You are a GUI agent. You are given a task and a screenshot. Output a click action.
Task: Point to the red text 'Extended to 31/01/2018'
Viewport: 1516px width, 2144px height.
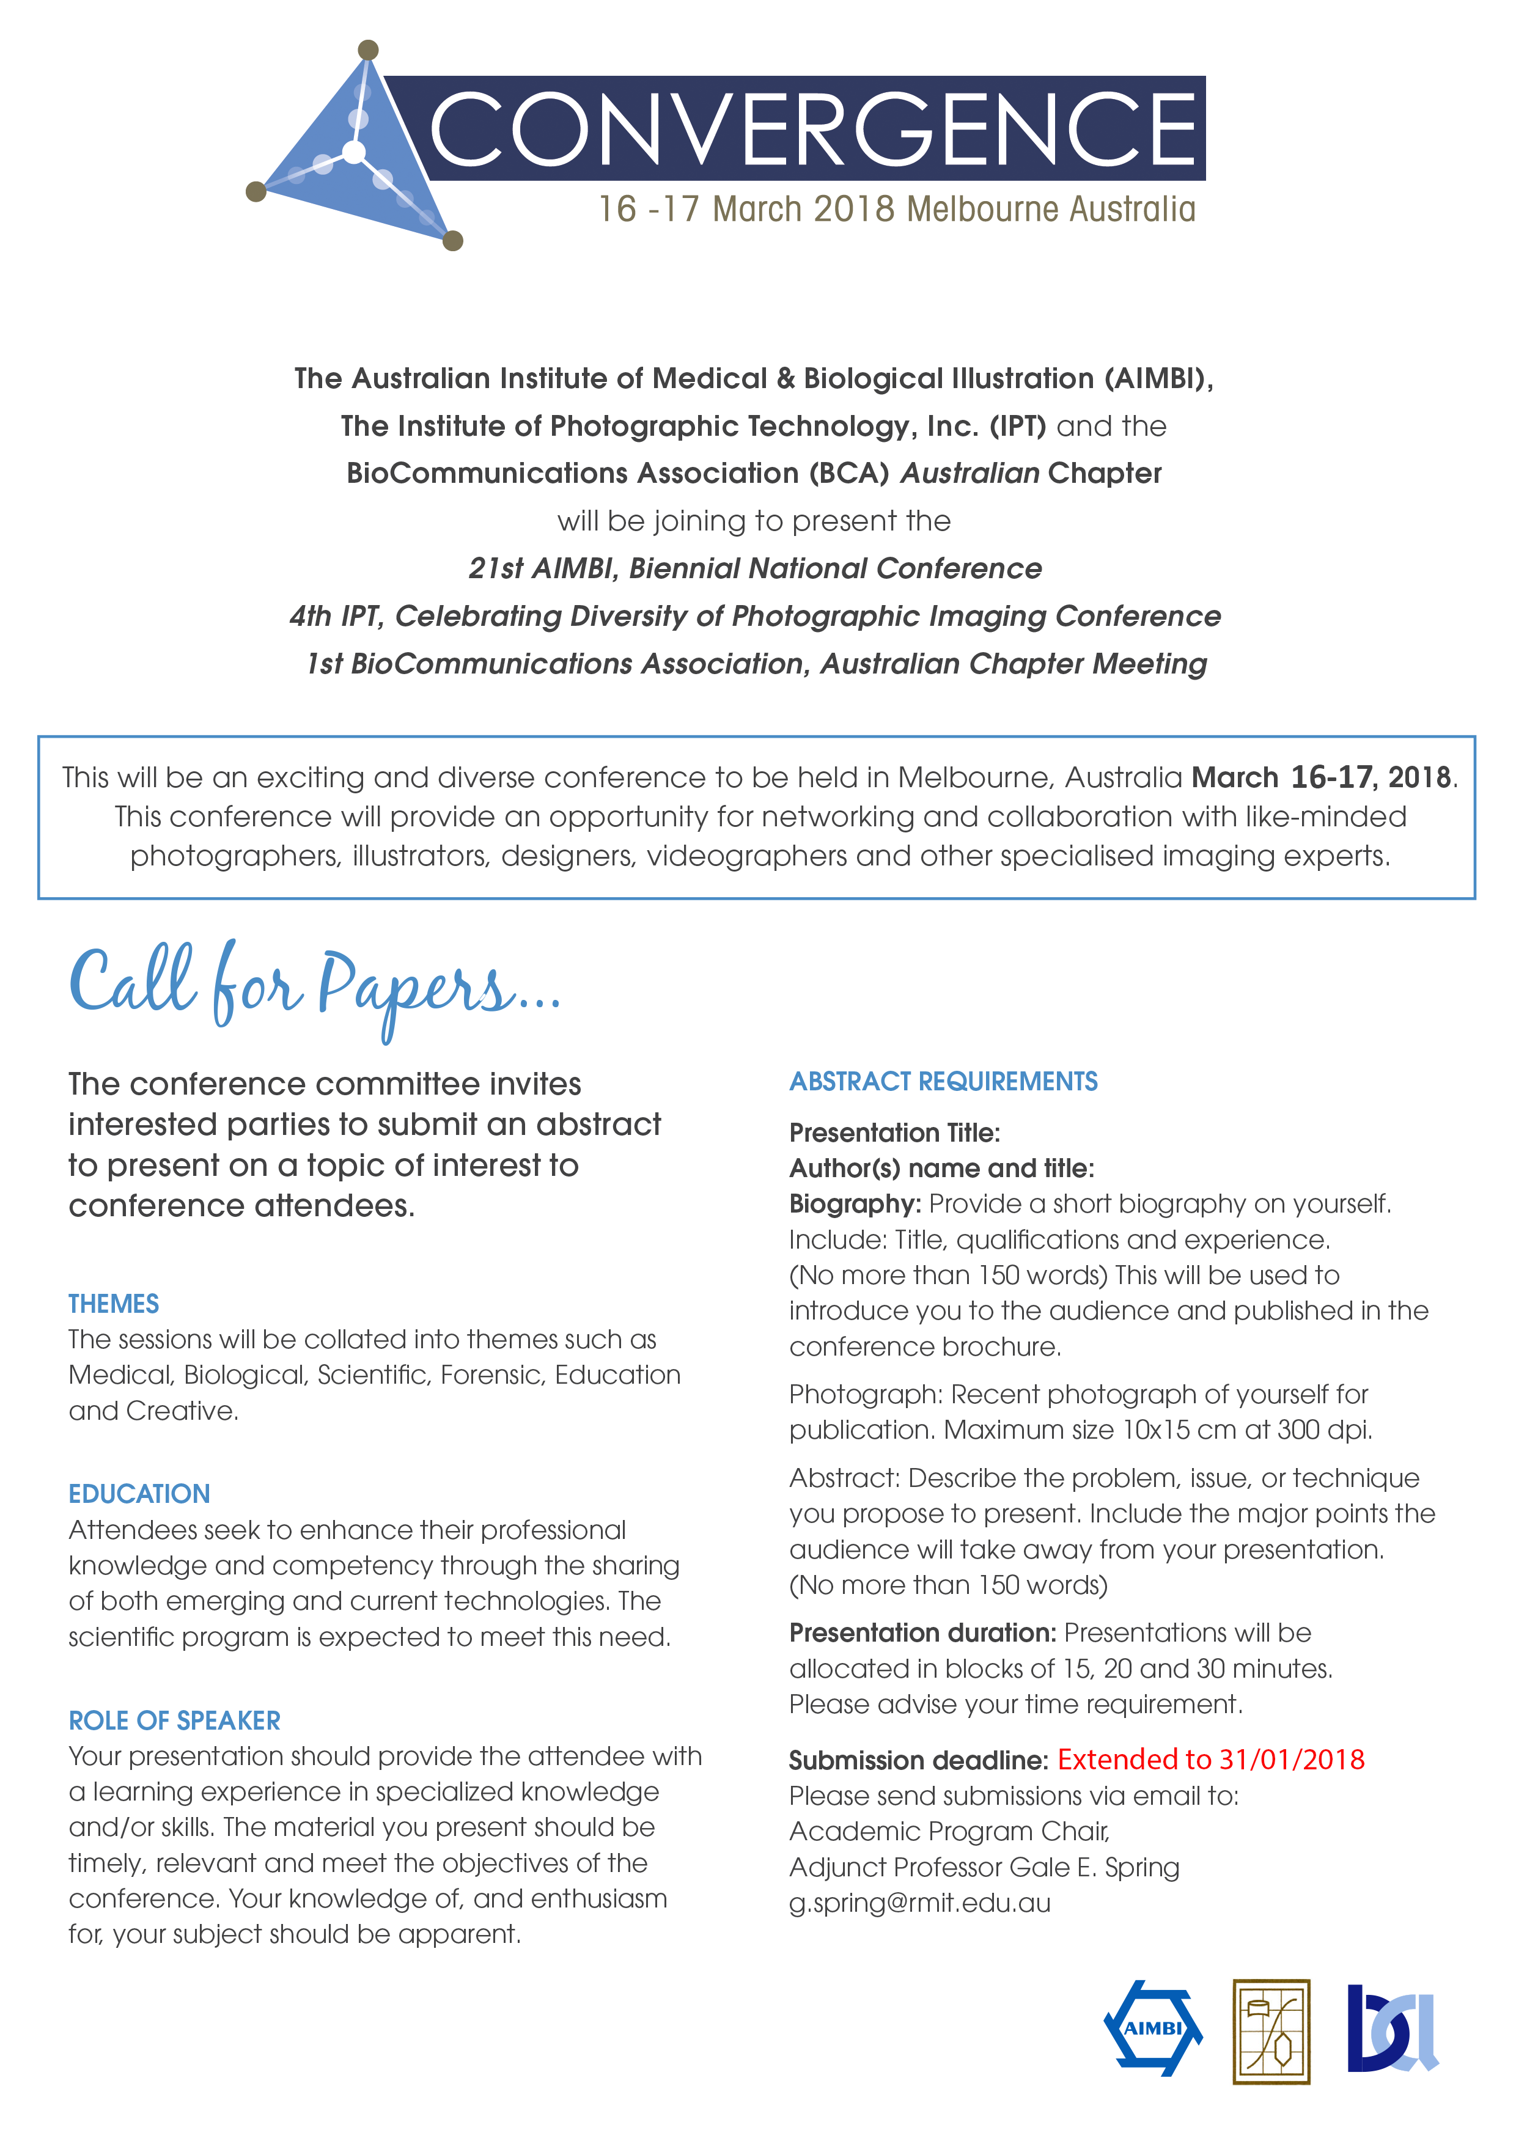(1210, 1760)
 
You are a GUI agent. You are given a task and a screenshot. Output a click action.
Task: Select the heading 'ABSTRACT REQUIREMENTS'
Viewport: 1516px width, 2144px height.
(943, 1081)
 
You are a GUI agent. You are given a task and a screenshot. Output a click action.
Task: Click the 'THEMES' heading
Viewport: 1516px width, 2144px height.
(113, 1304)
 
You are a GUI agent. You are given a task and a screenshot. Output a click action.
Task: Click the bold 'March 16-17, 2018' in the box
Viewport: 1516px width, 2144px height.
(1323, 777)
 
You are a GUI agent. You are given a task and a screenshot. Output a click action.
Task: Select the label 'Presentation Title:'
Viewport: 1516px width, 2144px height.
(894, 1133)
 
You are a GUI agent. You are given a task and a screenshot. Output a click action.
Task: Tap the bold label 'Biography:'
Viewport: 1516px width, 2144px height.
(855, 1203)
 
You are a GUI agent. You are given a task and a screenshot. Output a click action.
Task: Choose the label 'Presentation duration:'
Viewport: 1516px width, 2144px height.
(922, 1632)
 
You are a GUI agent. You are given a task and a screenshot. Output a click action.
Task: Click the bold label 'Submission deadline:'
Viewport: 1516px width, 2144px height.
(918, 1760)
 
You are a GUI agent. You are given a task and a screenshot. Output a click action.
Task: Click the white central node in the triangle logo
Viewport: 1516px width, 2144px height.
(354, 152)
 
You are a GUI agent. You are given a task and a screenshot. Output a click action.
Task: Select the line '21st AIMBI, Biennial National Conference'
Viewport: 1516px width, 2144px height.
(755, 568)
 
